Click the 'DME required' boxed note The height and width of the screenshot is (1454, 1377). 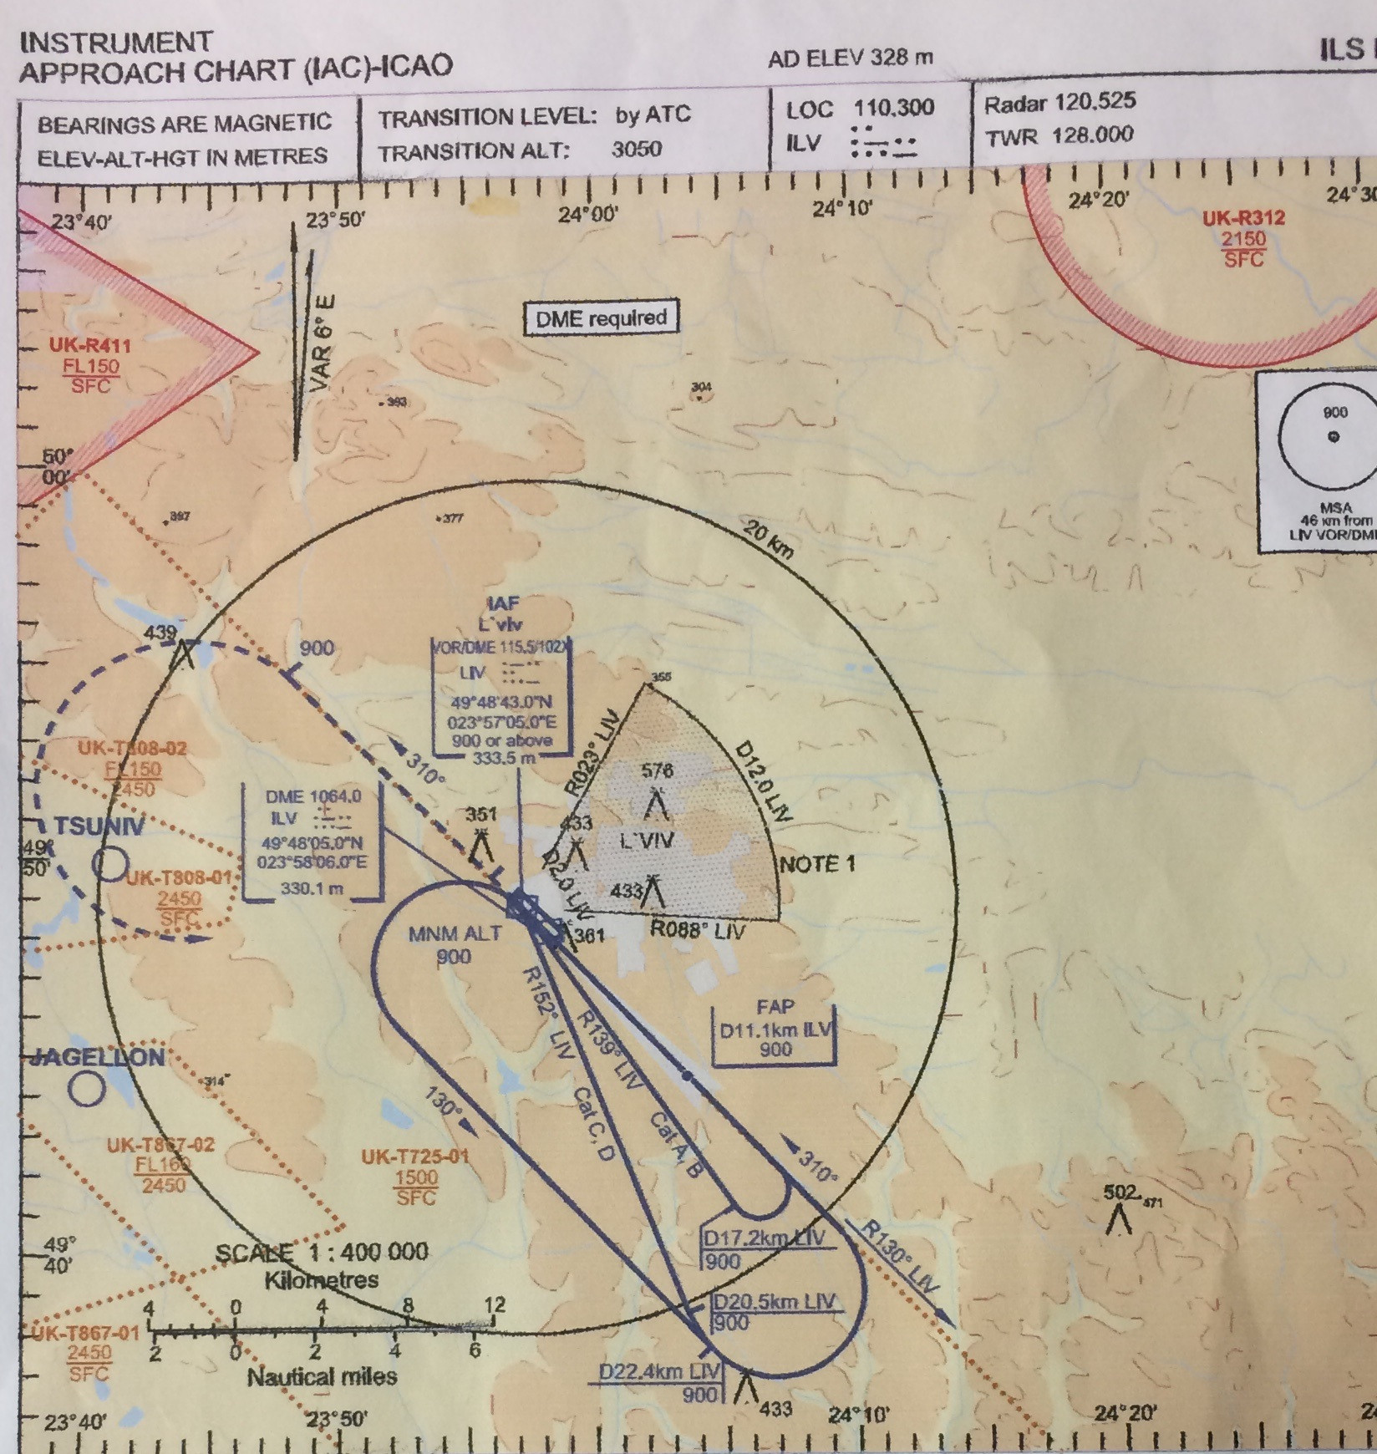pos(601,318)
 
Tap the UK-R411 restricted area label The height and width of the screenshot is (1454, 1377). pos(89,345)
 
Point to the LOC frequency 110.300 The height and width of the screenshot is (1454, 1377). pos(893,109)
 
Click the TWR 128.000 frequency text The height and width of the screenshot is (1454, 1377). pos(1059,136)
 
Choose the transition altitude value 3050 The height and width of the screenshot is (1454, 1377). pos(636,150)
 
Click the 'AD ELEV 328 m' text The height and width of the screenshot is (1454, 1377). pos(850,58)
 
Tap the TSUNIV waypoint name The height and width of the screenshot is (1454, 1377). pos(99,827)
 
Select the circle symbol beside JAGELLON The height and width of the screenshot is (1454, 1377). pos(87,1088)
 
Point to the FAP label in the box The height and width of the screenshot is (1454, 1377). pos(775,1007)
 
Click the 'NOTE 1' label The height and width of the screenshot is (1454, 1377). pos(817,864)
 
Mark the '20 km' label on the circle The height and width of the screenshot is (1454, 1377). pos(768,540)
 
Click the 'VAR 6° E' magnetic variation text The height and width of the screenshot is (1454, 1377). pos(323,343)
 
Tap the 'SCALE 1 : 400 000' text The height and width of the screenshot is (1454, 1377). pos(322,1253)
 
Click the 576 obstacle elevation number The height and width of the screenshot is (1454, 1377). pos(657,770)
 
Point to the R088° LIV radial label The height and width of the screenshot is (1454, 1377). pos(698,929)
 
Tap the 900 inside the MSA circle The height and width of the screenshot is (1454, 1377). pos(1334,412)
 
